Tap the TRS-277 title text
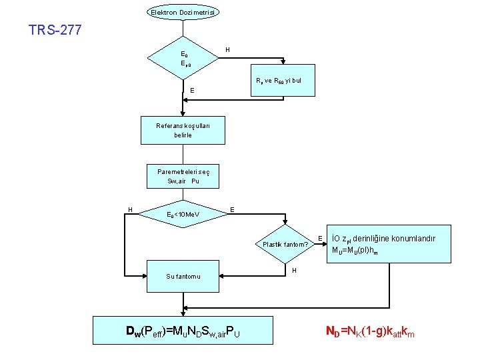55,30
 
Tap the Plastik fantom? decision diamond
285,244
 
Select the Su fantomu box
183,276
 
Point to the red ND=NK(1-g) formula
369,331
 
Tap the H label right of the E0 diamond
227,49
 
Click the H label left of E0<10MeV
130,210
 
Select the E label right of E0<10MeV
231,209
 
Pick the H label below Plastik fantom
294,270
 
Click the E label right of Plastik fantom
321,238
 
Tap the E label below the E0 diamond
192,91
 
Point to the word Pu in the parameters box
195,181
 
